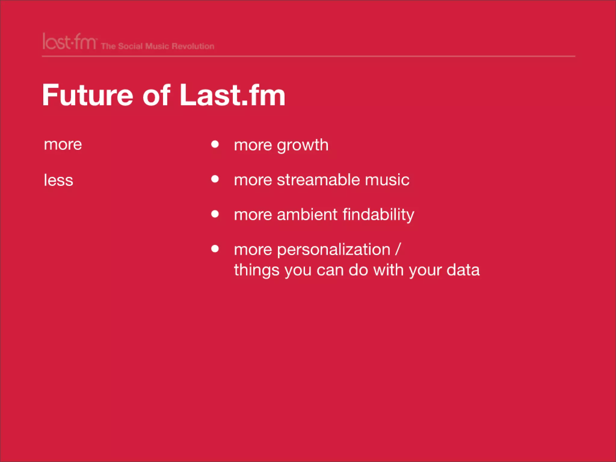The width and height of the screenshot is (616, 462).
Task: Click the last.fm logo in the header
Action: point(69,42)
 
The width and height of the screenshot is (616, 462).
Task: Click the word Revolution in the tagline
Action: point(193,46)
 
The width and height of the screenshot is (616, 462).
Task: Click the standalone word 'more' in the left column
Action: point(63,145)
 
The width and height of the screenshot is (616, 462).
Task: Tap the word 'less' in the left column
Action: point(58,180)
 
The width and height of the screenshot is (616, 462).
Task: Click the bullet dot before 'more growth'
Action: point(215,144)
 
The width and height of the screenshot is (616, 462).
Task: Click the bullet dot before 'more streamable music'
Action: point(215,179)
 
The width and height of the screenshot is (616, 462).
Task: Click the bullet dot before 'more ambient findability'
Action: point(215,214)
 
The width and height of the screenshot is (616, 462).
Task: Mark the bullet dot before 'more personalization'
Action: point(215,249)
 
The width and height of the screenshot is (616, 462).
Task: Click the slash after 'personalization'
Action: point(398,250)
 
